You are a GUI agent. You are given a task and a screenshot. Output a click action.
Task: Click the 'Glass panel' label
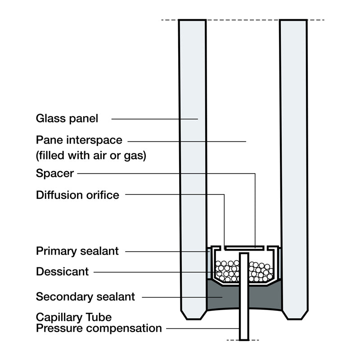pos(67,119)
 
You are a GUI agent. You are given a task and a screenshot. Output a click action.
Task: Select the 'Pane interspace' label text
pos(79,140)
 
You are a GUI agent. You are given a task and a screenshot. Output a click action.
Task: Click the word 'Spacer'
pos(55,173)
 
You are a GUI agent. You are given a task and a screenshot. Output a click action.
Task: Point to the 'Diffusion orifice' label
pos(77,195)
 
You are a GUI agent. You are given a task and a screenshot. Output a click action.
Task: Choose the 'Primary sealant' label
pos(77,251)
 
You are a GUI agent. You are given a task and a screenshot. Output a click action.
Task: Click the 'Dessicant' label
pos(62,272)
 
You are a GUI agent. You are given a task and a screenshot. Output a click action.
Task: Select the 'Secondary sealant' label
pos(85,297)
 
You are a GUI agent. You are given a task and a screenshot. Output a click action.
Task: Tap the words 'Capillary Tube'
pos(74,318)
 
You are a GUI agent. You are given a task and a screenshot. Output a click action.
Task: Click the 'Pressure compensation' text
pos(99,328)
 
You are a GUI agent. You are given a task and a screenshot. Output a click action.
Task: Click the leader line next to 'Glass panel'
pos(153,119)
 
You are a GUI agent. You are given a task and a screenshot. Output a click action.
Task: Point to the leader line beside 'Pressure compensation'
pos(202,328)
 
